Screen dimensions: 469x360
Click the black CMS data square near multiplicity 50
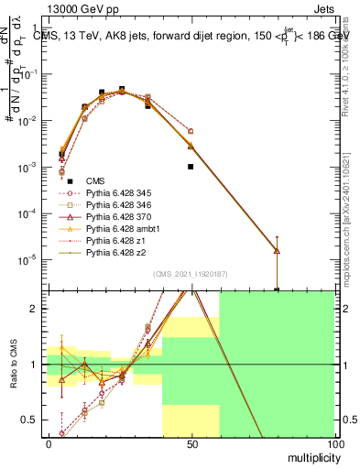coord(191,167)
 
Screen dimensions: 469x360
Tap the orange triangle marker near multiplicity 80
coord(277,250)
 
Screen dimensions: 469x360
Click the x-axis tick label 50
coord(191,444)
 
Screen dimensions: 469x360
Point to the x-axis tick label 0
coord(49,444)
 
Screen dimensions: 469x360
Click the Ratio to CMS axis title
coord(14,365)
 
